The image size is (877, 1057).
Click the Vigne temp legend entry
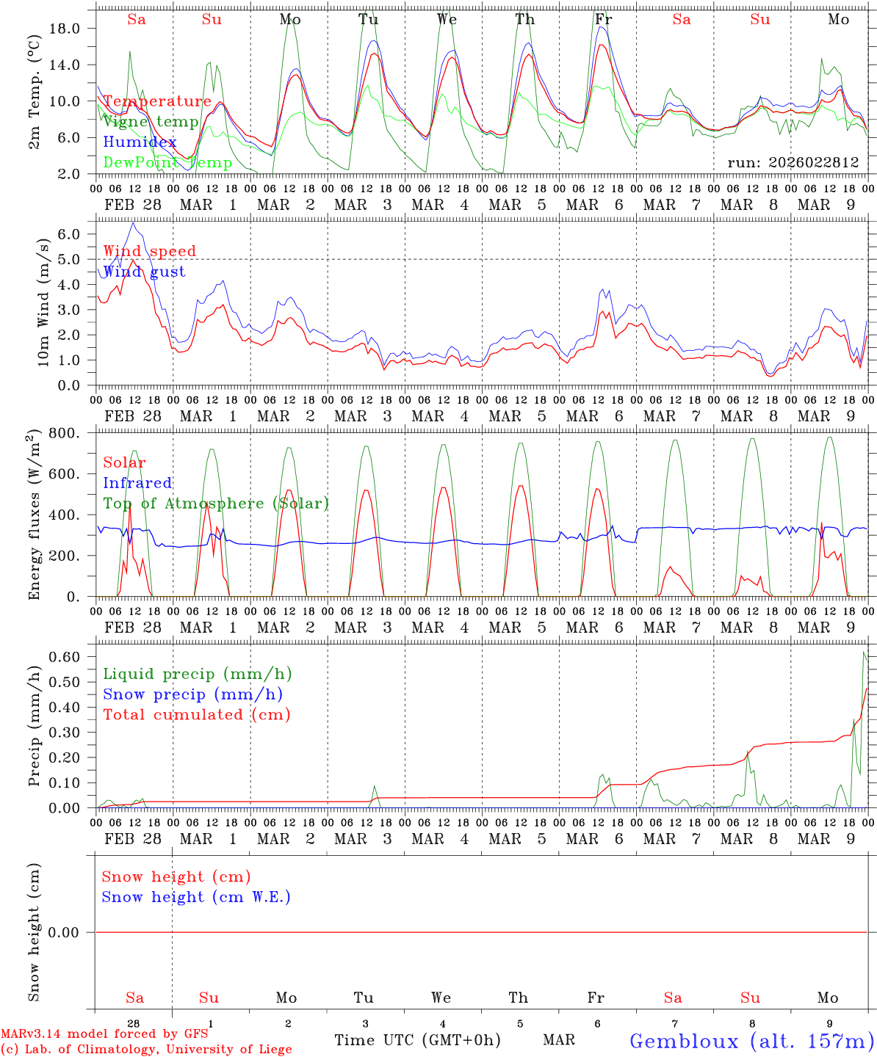pos(151,122)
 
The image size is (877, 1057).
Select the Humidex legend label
pos(140,142)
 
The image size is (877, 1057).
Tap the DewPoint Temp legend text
pos(167,162)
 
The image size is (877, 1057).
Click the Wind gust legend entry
pos(144,272)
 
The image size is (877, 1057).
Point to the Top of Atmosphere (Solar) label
pos(215,504)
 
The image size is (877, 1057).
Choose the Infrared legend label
pos(137,483)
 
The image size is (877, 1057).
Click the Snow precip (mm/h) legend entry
pos(192,694)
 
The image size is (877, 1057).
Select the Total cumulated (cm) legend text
pos(196,715)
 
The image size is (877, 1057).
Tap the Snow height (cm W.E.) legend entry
pos(195,897)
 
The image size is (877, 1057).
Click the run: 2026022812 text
pos(793,162)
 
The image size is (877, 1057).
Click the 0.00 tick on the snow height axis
pos(72,932)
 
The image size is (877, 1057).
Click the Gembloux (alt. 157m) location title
pos(751,1041)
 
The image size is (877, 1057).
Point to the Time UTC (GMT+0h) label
pos(417,1040)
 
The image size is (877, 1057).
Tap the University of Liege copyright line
pos(146,1050)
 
